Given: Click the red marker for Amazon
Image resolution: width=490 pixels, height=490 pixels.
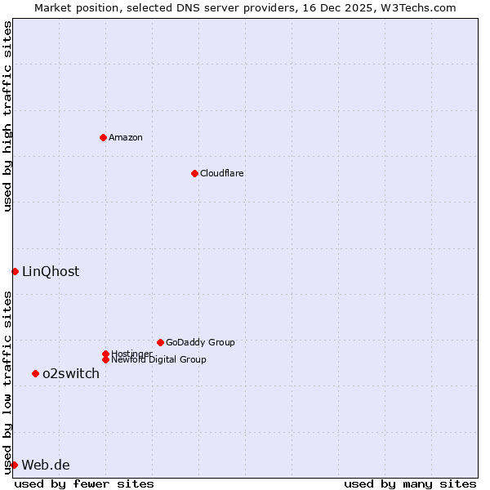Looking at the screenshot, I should point(103,137).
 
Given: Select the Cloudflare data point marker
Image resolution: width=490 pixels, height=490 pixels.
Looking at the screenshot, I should point(194,173).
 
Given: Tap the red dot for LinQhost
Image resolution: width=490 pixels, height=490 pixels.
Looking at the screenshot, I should point(15,271).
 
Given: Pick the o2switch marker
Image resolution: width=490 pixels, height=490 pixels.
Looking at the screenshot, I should point(35,373).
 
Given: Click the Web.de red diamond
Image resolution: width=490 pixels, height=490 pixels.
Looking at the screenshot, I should point(14,465).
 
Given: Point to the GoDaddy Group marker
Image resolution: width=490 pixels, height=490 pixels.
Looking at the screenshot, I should point(160,342).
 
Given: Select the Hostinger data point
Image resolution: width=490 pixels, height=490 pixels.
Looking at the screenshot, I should point(105,354).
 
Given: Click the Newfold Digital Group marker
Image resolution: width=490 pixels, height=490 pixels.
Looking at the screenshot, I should point(105,359).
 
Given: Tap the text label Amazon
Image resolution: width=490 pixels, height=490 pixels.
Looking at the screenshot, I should point(125,137).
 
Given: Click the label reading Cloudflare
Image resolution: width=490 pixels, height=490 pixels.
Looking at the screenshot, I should point(221,173).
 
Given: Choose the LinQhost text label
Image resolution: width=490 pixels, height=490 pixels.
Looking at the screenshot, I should point(51,271).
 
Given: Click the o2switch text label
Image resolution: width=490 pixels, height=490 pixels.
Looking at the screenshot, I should point(71,373).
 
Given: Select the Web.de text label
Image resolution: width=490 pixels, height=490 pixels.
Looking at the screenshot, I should point(46,465).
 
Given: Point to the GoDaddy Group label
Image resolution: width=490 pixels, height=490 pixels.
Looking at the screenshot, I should point(200,342).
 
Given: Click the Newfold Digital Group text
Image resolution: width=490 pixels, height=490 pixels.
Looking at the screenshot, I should point(158,359).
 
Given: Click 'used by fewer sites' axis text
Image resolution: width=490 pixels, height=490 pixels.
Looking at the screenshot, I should point(84,483).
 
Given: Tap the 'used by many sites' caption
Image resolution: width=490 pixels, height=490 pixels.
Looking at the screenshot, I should point(410,483).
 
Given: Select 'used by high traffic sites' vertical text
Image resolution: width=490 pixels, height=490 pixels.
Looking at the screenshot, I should point(7,117).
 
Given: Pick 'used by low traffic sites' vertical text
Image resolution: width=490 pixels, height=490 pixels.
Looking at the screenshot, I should point(7,382).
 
